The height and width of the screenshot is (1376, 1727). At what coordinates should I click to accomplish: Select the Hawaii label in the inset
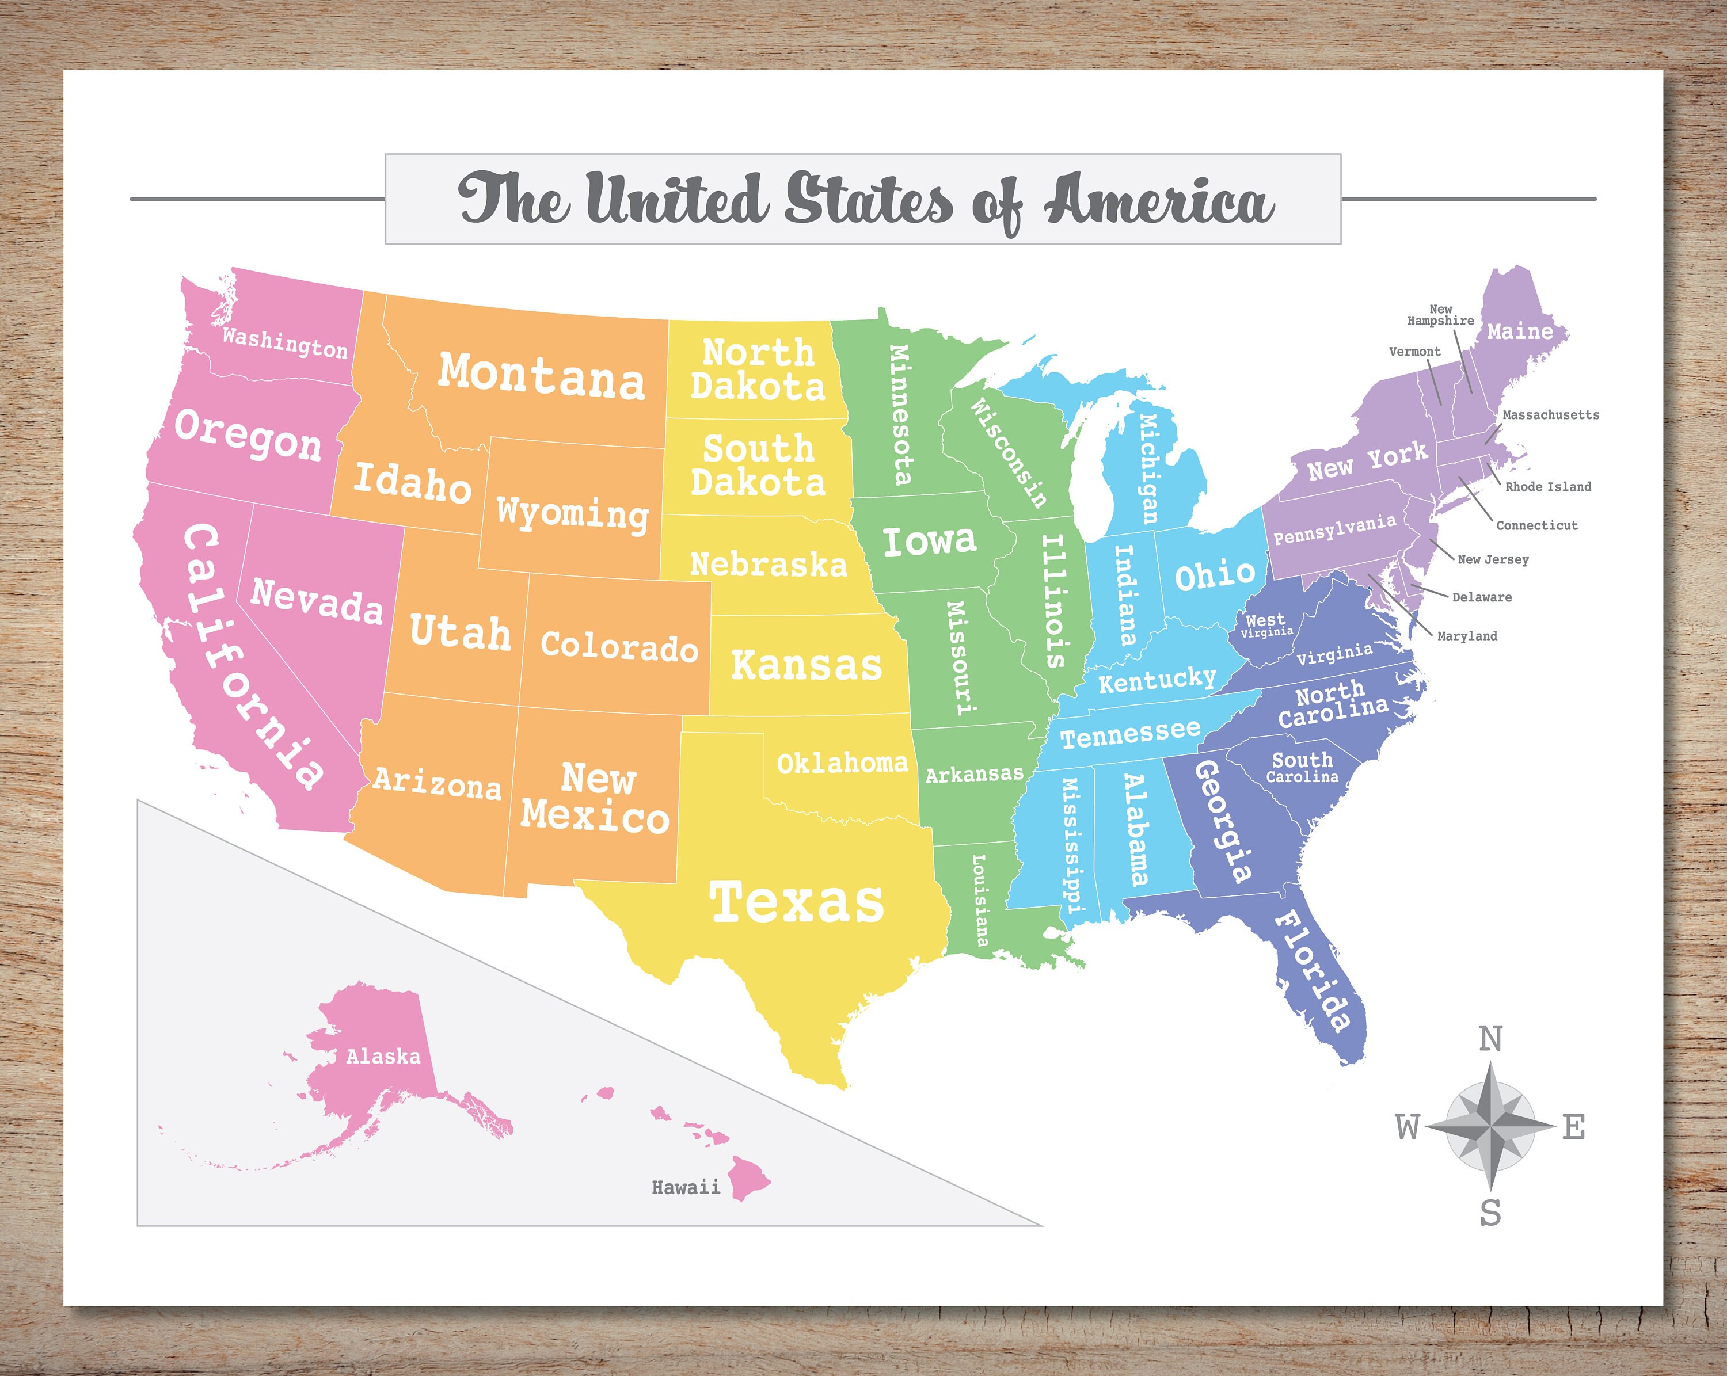pos(686,1188)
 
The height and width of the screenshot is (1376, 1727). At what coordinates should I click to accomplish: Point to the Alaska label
pos(383,1057)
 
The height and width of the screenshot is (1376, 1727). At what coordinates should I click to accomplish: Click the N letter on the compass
pos(1490,1039)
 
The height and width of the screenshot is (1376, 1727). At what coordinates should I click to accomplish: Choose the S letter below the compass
pos(1490,1213)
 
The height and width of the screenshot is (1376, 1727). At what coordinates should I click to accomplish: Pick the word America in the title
pos(1158,200)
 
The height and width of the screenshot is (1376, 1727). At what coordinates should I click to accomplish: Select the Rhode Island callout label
pos(1547,487)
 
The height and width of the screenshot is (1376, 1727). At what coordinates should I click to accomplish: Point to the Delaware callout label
pos(1482,597)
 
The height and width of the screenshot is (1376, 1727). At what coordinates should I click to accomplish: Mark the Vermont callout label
pos(1414,352)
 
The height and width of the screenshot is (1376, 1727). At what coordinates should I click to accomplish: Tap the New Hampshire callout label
pos(1440,315)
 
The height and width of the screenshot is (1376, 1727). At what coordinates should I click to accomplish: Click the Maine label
pos(1520,331)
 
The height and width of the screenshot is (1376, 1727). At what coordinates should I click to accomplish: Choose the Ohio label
pos(1214,574)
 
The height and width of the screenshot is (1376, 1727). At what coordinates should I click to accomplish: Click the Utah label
pos(460,632)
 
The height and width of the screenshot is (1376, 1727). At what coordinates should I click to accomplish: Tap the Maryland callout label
pos(1467,636)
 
